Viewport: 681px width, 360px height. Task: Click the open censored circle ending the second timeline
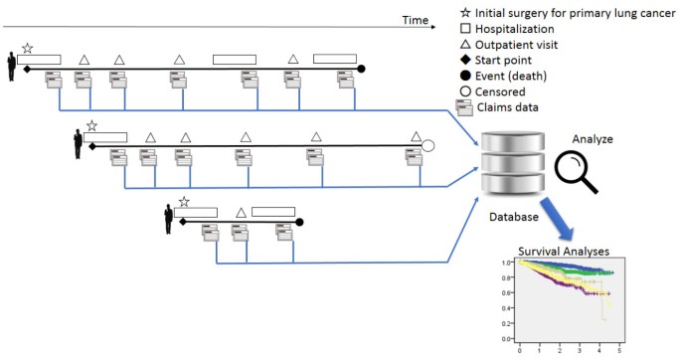pyautogui.click(x=428, y=145)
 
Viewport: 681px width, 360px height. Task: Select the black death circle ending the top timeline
pyautogui.click(x=362, y=69)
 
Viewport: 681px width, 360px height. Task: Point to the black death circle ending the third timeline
pyautogui.click(x=299, y=222)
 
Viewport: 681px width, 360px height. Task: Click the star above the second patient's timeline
pyautogui.click(x=91, y=125)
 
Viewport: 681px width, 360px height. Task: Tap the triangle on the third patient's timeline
pyautogui.click(x=241, y=212)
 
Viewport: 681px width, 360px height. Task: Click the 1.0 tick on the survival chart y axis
pyautogui.click(x=506, y=263)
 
